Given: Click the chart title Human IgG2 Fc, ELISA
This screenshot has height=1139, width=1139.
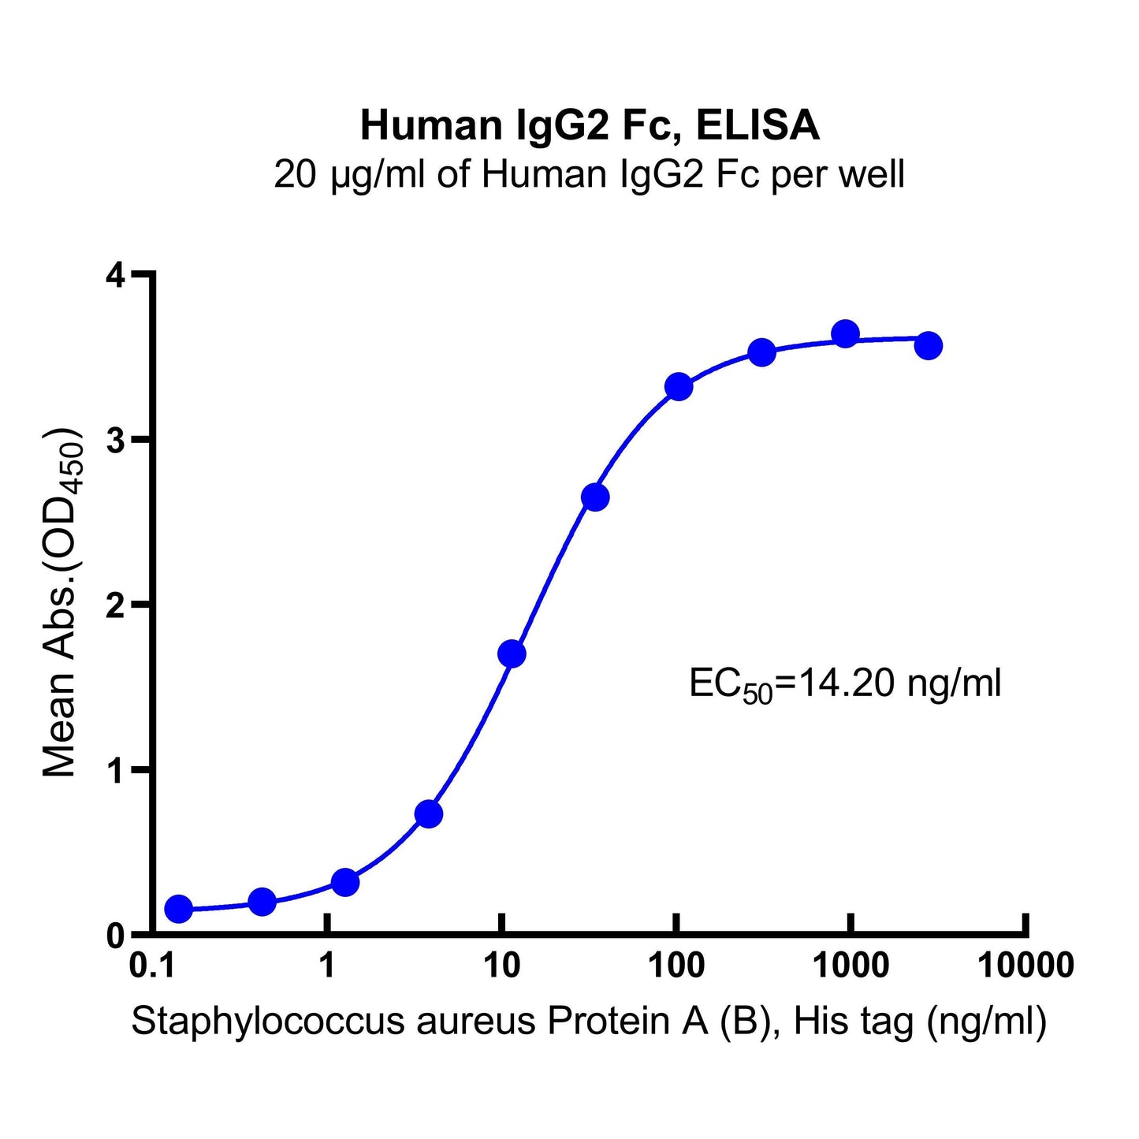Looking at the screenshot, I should coord(590,125).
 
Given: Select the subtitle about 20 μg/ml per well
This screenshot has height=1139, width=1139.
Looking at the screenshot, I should coord(589,175).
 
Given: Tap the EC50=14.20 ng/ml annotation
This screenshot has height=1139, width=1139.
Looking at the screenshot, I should coord(845,684).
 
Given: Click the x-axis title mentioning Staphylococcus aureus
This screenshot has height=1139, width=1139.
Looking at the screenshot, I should coord(589,1022).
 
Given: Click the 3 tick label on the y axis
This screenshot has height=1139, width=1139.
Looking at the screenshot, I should coord(117,440).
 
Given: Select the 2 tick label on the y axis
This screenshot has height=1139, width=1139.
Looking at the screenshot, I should coord(117,605).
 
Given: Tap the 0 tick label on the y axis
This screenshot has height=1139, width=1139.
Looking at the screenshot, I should coord(117,936).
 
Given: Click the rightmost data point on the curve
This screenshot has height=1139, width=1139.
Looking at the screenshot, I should coord(929,345).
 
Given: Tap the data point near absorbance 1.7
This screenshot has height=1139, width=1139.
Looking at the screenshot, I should coord(512,653).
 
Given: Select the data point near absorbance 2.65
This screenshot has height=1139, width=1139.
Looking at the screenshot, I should coord(595,497).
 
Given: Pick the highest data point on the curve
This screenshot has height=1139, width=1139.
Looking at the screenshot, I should coord(845,333).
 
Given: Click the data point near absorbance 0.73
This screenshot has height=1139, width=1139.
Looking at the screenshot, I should coord(428,813).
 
